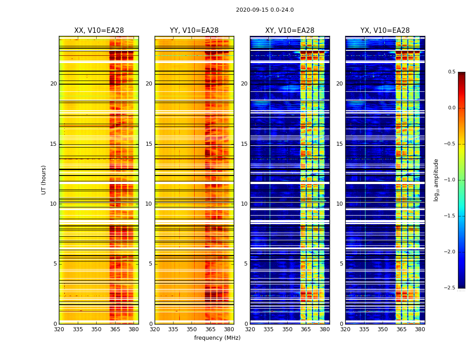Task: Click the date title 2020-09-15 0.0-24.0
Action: [265, 10]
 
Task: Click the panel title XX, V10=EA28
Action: [99, 31]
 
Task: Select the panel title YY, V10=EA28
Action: [194, 31]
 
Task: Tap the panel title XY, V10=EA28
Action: [289, 31]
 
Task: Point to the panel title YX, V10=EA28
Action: [385, 31]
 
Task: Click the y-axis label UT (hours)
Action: [44, 180]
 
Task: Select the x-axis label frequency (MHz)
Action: [217, 338]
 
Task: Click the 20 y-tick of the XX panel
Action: [53, 84]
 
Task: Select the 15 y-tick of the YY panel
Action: [149, 144]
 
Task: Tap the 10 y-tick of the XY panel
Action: [245, 204]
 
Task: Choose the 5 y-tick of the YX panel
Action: [342, 264]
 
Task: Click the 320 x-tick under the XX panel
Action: [59, 329]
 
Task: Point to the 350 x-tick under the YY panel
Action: [192, 329]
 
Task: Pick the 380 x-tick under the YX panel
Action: [420, 329]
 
